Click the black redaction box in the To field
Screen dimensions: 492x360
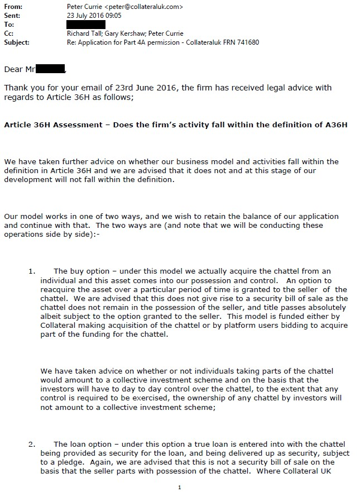coord(85,25)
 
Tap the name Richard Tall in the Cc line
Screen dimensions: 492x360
coord(83,34)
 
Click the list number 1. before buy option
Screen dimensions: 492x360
coord(32,271)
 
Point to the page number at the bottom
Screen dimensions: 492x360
coord(179,487)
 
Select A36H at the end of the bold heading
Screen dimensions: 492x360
coord(336,125)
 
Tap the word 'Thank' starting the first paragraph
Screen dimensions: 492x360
coord(16,88)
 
